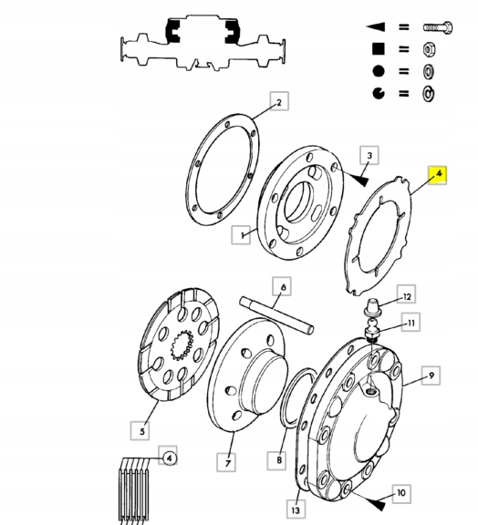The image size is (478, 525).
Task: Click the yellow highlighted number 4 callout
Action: (439, 173)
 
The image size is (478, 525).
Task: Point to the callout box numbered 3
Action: (368, 156)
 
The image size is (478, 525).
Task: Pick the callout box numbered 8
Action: (279, 461)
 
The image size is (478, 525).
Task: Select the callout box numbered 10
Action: (400, 493)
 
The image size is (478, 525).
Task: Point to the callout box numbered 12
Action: (408, 296)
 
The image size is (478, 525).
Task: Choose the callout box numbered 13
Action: (295, 507)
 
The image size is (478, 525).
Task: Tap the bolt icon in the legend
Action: (432, 28)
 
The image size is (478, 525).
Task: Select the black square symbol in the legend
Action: (377, 49)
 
